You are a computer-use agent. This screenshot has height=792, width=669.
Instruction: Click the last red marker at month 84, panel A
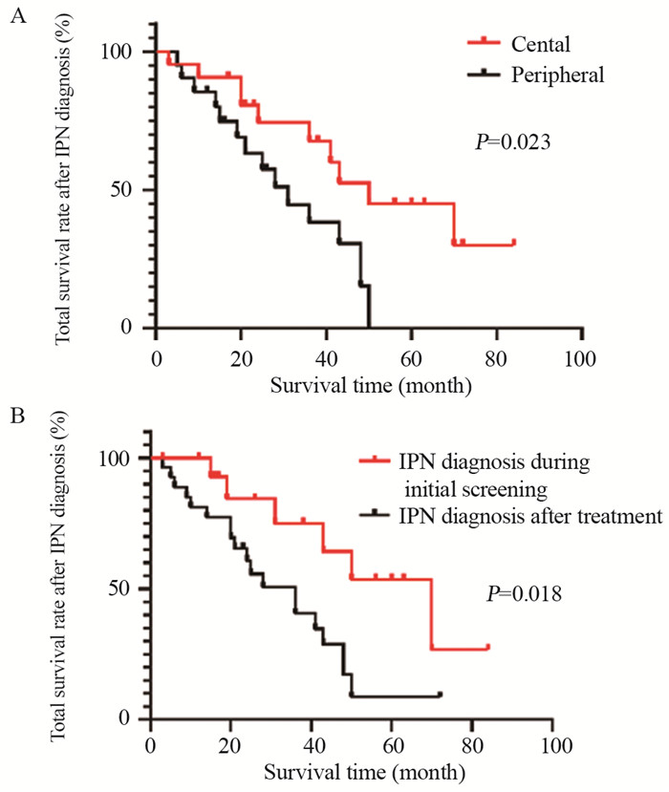[x=513, y=243]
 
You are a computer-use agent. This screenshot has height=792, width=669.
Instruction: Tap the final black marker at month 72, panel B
[x=440, y=695]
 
